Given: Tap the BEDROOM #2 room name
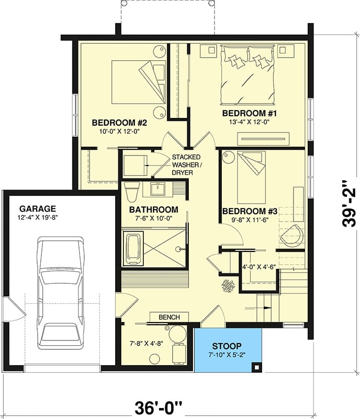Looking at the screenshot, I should (119, 123).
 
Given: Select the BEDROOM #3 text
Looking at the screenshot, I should (249, 211).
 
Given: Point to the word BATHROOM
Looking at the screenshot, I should (150, 210).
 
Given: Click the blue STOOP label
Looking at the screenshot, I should (227, 346).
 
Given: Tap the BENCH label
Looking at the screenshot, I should (168, 317).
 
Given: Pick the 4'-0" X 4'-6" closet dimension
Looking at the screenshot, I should (258, 266).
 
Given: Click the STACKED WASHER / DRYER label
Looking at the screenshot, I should (186, 164).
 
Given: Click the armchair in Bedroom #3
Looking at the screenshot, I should (291, 236).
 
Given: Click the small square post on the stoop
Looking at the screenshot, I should (255, 367).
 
